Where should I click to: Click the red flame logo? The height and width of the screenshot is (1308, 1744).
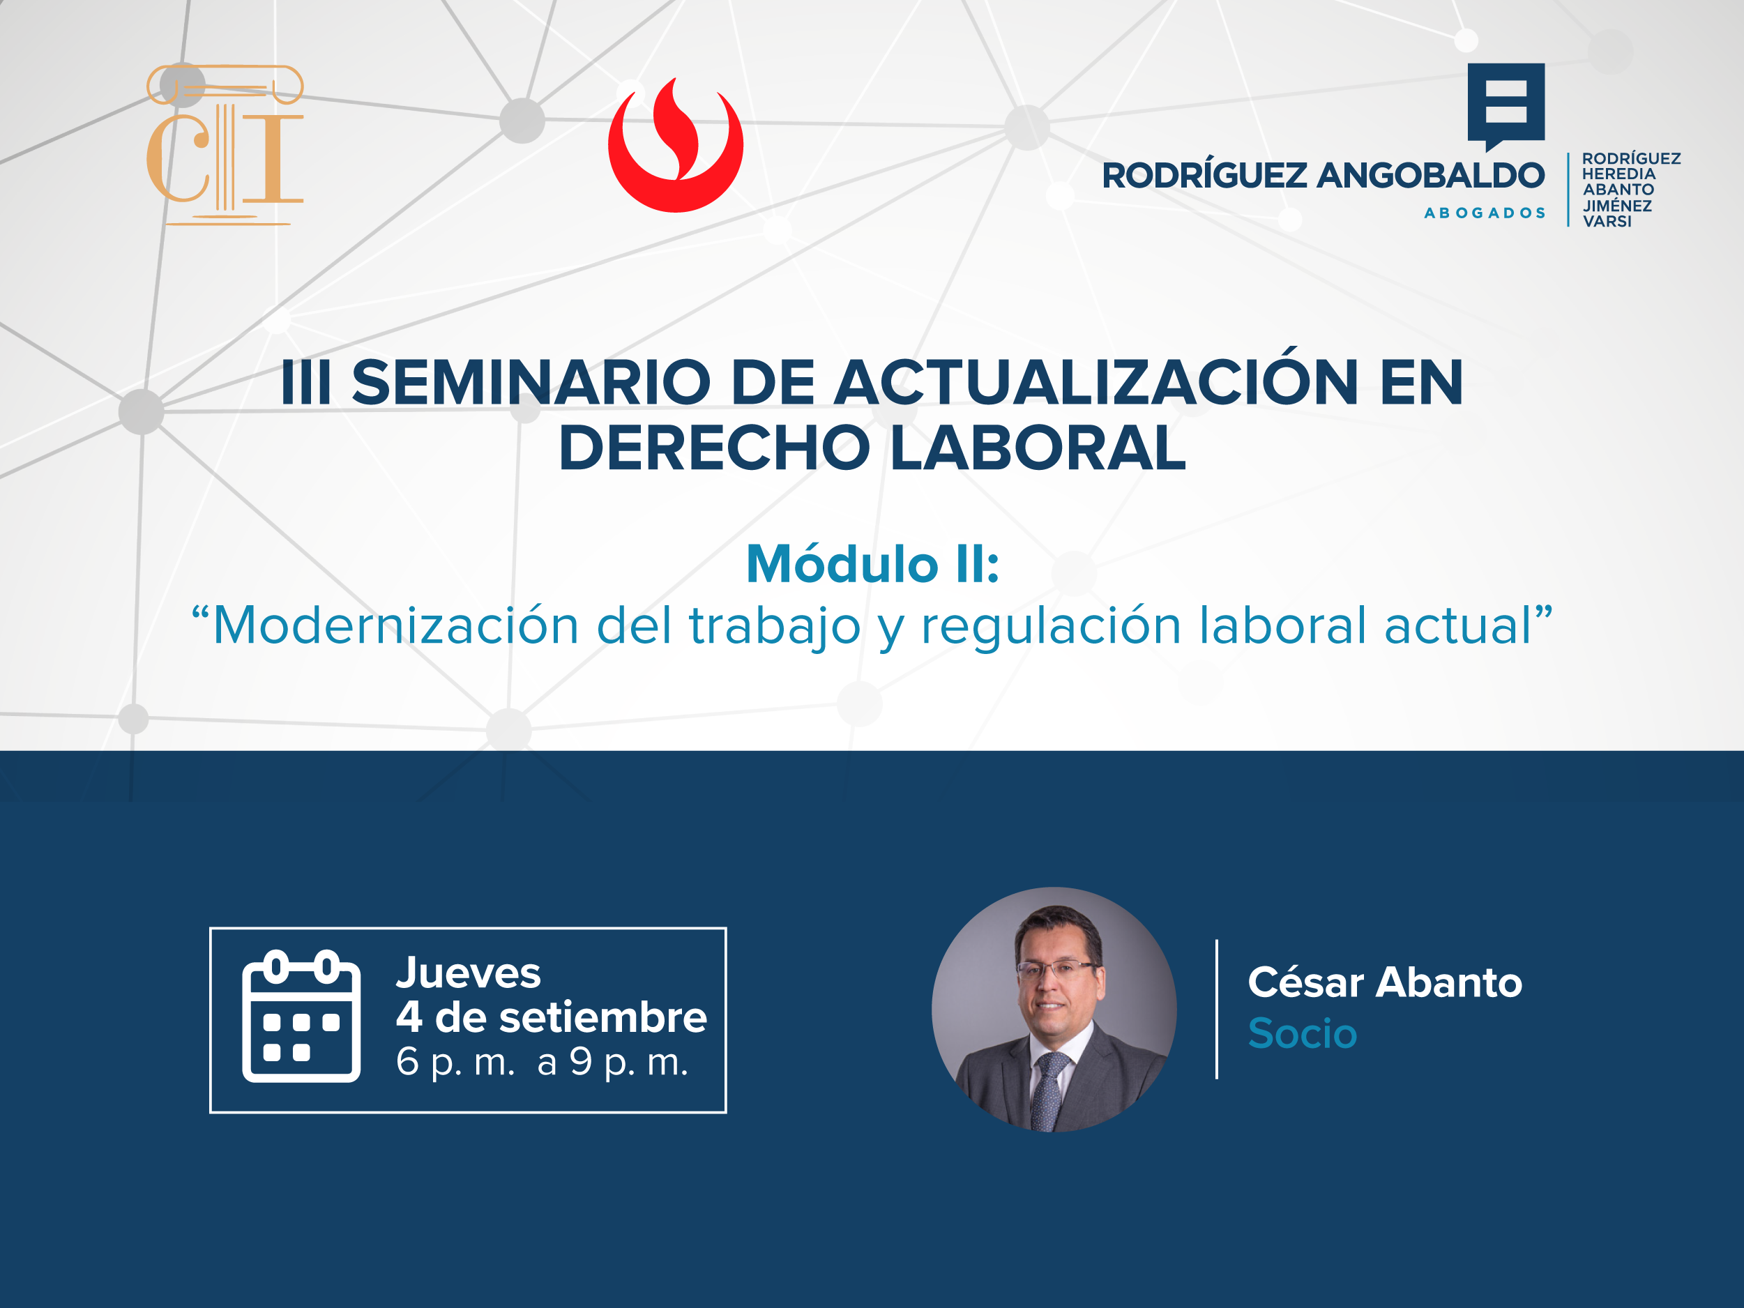click(675, 146)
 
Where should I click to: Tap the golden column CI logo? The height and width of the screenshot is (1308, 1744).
click(225, 145)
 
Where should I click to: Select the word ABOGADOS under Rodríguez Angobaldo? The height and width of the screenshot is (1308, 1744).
click(1484, 213)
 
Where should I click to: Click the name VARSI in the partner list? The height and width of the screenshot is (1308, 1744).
click(1607, 222)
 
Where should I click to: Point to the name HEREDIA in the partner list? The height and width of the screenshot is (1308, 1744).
click(1618, 174)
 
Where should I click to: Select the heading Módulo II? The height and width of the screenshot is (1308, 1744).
click(873, 564)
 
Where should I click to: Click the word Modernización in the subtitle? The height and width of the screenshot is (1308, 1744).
click(396, 625)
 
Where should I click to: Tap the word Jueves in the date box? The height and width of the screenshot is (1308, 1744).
click(469, 972)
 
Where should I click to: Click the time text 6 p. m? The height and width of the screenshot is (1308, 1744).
click(455, 1063)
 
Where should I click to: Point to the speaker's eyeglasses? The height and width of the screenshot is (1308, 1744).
click(1056, 969)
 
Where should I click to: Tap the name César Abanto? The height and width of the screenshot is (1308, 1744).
click(1384, 982)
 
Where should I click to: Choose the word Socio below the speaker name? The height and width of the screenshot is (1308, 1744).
click(1303, 1033)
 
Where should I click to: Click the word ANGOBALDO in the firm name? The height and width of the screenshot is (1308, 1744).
click(1430, 175)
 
